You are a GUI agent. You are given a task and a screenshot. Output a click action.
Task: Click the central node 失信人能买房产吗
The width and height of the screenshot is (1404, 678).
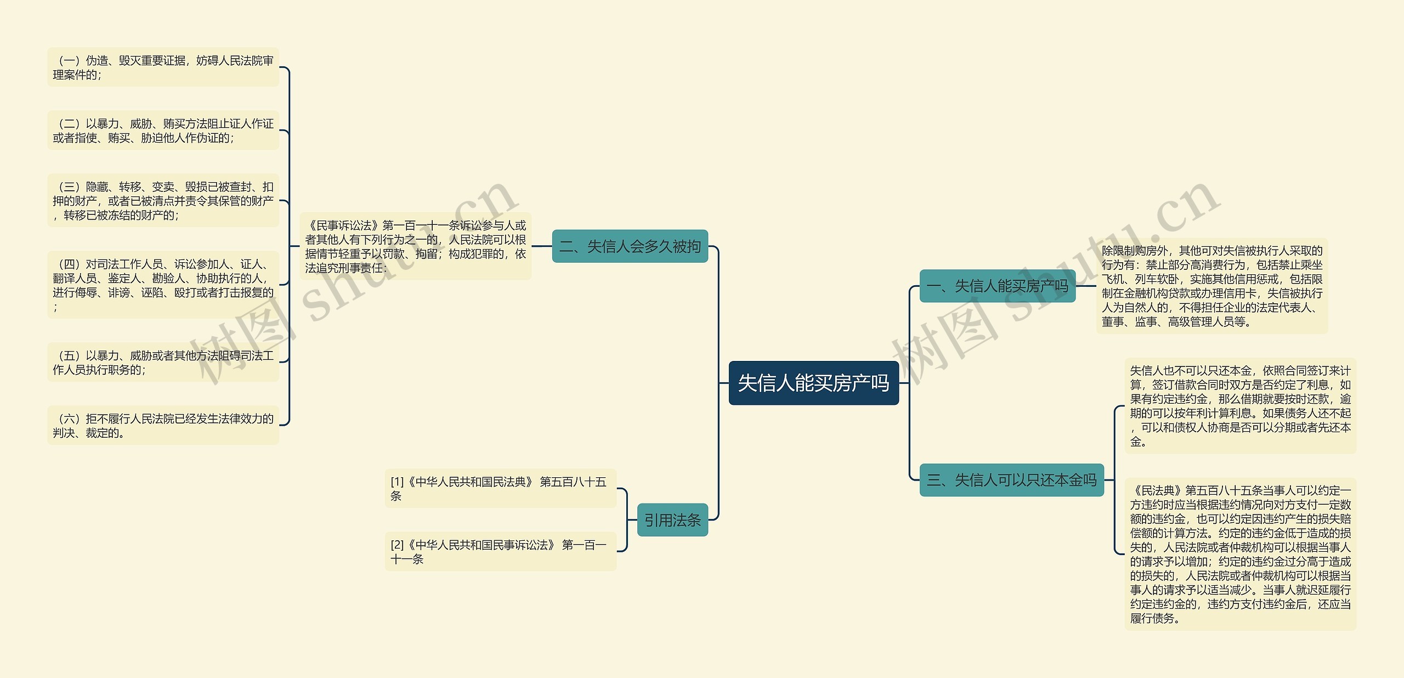(x=813, y=383)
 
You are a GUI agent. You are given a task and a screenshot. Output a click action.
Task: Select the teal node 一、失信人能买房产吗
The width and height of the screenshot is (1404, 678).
(x=997, y=286)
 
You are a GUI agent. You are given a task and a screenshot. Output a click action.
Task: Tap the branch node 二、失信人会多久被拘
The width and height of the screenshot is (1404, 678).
(x=630, y=246)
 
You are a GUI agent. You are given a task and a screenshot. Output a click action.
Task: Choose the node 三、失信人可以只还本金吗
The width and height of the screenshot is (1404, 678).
(x=1011, y=480)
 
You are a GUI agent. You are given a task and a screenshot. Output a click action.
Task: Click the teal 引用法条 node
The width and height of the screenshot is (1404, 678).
(x=672, y=519)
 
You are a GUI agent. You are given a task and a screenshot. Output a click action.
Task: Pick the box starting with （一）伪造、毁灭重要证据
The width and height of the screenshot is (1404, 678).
(x=163, y=67)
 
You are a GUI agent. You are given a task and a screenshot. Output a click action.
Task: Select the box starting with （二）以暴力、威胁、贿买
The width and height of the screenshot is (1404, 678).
(x=163, y=131)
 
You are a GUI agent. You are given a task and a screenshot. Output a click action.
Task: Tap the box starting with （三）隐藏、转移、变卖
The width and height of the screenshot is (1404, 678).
(x=163, y=201)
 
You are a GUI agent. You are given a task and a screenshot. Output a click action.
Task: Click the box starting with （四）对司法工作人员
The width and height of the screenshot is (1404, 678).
(x=163, y=285)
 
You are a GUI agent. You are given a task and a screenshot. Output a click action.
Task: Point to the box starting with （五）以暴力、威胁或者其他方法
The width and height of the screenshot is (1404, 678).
(x=163, y=363)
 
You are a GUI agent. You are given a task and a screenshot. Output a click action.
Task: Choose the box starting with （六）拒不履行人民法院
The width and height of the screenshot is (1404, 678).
(x=163, y=426)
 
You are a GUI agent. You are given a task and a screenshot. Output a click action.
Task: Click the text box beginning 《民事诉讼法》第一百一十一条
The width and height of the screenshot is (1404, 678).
(x=415, y=246)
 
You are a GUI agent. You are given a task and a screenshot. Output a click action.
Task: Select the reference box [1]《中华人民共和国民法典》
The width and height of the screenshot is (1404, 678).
(x=500, y=488)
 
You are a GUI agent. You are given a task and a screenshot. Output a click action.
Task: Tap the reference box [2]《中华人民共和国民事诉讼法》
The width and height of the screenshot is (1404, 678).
(x=500, y=551)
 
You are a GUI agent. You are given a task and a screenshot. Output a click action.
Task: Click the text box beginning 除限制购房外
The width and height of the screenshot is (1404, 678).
(x=1212, y=286)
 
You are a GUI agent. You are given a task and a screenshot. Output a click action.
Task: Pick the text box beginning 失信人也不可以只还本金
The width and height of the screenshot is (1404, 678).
(x=1240, y=406)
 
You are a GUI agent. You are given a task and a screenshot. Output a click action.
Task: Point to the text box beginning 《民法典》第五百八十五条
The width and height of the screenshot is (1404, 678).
(x=1240, y=554)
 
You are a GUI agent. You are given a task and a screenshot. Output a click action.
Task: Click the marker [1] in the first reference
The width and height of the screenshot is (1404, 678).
(x=397, y=482)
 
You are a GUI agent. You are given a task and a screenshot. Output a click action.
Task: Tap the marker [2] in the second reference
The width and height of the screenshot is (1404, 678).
(x=397, y=545)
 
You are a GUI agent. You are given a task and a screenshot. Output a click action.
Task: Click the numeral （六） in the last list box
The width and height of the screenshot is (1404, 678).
(x=69, y=419)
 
